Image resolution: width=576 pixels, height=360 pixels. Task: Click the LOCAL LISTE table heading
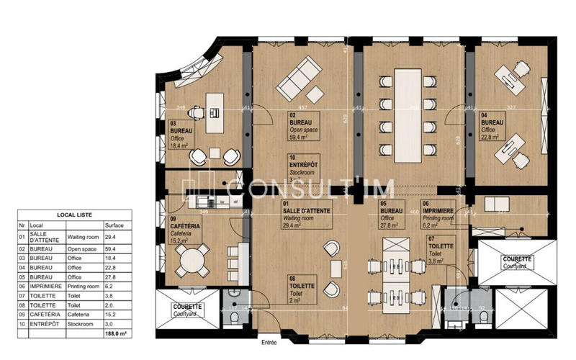coord(74,215)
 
